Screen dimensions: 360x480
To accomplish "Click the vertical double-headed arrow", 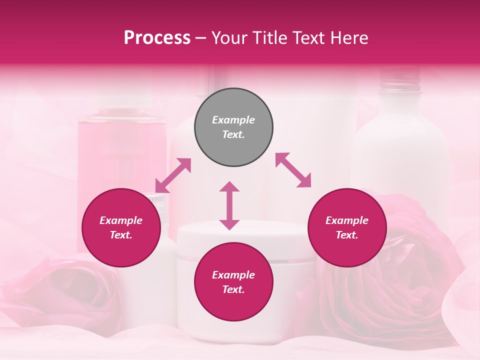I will [229, 205].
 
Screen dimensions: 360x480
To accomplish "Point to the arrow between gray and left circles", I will [173, 175].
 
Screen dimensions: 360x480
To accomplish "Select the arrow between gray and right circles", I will [293, 170].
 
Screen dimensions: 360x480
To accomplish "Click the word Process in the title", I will [157, 38].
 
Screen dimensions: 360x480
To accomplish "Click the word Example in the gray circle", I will [233, 120].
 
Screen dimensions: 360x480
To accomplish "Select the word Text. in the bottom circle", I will [233, 289].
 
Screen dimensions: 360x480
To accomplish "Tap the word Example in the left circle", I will [121, 220].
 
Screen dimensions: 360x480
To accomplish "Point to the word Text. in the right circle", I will [347, 235].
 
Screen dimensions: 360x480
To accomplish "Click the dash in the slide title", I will [201, 38].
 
